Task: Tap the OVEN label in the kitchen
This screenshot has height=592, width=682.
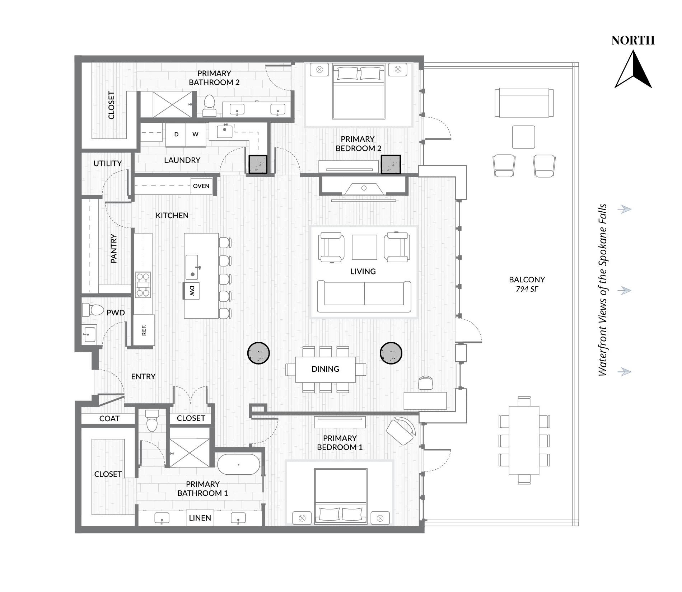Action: point(201,186)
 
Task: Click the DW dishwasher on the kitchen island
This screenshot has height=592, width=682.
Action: point(192,291)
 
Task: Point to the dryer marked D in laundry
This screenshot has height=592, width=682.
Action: point(176,135)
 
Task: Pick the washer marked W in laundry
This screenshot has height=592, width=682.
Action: point(196,135)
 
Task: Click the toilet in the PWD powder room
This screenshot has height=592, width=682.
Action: point(93,310)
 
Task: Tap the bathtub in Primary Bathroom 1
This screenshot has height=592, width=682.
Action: point(239,464)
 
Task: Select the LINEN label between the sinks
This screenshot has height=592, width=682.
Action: point(200,518)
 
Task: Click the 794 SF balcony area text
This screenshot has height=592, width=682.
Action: point(527,289)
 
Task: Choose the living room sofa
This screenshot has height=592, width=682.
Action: point(364,296)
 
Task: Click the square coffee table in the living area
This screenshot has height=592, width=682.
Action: point(364,247)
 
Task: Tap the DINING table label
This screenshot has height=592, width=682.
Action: point(325,369)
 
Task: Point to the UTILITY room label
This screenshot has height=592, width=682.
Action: point(108,163)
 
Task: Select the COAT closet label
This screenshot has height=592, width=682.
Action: point(109,418)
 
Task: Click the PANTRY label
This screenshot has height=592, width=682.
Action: point(114,249)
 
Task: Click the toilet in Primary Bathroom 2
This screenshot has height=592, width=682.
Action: point(209,105)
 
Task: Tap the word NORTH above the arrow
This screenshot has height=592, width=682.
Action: point(633,40)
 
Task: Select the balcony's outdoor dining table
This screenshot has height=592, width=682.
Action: point(524,441)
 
